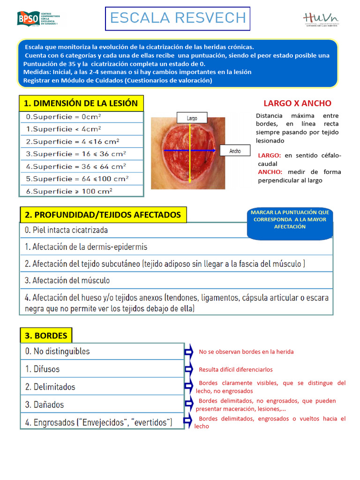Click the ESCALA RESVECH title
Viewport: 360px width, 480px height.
click(x=177, y=18)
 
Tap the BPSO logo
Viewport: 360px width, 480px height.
click(x=37, y=18)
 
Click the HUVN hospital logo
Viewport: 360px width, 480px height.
click(x=321, y=19)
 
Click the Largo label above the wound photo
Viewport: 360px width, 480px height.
click(x=192, y=119)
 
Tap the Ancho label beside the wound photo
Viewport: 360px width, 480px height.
click(x=235, y=151)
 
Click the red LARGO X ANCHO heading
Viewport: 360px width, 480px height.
click(x=297, y=103)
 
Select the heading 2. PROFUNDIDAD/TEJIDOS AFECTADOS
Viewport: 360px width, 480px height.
click(x=103, y=215)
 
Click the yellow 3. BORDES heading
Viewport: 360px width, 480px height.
click(x=46, y=336)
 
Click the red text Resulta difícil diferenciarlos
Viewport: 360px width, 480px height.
click(x=236, y=370)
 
